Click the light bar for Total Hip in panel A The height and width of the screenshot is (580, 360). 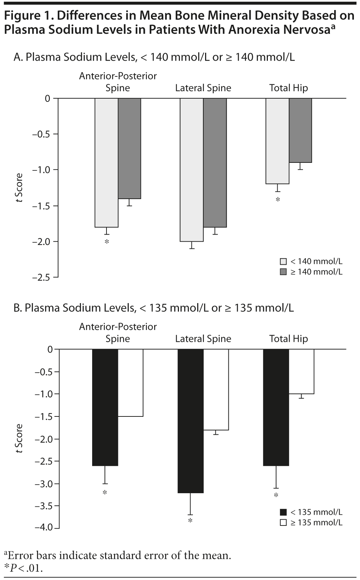pos(277,141)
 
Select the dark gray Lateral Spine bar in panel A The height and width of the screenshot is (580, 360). pos(215,162)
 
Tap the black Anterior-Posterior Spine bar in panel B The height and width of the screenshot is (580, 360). pos(105,407)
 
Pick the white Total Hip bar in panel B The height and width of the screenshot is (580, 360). pos(301,371)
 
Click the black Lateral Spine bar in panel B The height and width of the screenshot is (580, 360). pos(190,421)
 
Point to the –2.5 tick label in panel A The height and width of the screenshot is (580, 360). pos(41,277)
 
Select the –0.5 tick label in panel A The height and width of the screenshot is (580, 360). pos(41,134)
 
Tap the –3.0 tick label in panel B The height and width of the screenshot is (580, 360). pos(43,484)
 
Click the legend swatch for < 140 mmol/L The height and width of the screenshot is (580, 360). pos(283,261)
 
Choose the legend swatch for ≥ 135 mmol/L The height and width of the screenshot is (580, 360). pos(283,523)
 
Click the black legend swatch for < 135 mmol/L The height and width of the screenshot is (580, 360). pos(283,512)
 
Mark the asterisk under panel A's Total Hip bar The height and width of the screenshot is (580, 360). pos(278,199)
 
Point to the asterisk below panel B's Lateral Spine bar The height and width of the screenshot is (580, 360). pos(190,520)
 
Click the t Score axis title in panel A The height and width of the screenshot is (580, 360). pos(19,188)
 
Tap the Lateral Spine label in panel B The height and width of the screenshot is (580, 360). pos(203,339)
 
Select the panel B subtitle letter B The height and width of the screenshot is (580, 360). pos(17,308)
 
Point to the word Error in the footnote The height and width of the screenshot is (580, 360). pos(19,556)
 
